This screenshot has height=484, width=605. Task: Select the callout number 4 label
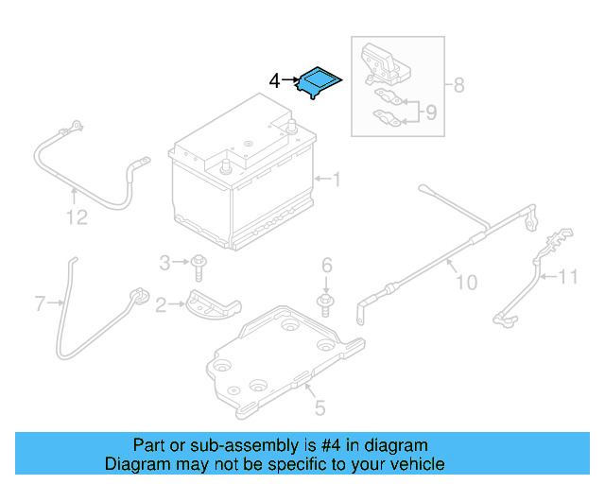tap(274, 81)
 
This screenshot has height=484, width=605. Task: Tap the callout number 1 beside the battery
tap(335, 178)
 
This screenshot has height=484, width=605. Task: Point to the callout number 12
tap(77, 218)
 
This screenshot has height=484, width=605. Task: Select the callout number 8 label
tap(458, 85)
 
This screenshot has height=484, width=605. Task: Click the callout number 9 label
tap(431, 113)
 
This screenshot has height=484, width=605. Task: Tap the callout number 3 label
tap(164, 262)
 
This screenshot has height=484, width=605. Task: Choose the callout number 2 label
tap(161, 304)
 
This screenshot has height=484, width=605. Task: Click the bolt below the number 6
tap(326, 303)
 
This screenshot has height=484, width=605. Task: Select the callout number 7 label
tap(40, 303)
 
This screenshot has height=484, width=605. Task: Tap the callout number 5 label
tap(320, 408)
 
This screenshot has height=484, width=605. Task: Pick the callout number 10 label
tap(467, 282)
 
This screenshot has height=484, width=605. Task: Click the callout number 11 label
tap(567, 277)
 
